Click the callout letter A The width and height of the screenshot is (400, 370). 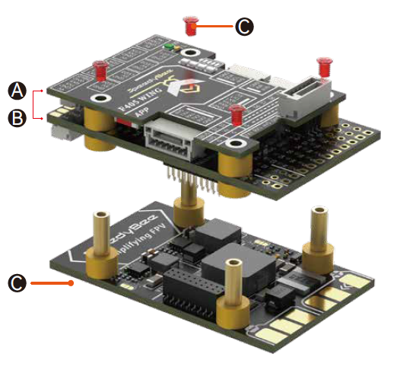[17, 91]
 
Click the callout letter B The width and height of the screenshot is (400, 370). [17, 117]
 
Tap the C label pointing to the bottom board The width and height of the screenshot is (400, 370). [17, 283]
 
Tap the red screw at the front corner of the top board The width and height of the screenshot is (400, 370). [236, 115]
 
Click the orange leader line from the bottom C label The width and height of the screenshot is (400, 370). [49, 283]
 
